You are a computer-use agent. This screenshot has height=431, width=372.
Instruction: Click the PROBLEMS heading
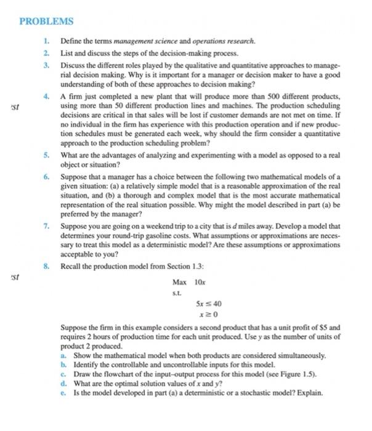pos(46,22)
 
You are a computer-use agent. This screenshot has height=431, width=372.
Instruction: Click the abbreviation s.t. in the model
pos(177,294)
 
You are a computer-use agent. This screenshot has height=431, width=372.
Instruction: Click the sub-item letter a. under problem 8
pos(64,355)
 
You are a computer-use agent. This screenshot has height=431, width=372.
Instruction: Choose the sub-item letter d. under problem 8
pos(64,383)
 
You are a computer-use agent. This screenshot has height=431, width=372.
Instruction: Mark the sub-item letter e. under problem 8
pos(64,392)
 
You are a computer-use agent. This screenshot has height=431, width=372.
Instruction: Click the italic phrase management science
pos(145,41)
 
